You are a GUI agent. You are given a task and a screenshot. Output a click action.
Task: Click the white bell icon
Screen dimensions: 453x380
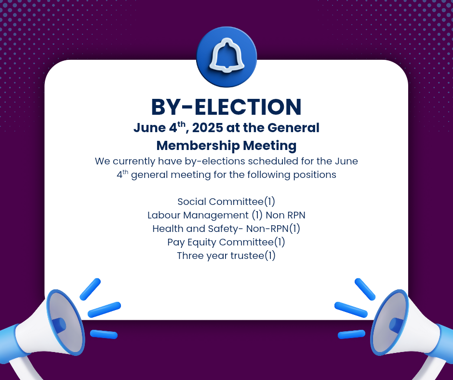[x=227, y=55]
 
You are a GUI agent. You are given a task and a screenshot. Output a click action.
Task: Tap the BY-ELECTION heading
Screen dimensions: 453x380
[x=226, y=107]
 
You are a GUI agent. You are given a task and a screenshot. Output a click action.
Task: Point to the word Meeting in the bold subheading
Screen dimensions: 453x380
[x=269, y=146]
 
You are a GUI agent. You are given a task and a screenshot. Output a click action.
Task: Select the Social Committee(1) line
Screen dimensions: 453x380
[x=226, y=202]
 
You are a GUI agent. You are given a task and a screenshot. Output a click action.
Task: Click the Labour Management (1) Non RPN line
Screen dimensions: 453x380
[x=226, y=215]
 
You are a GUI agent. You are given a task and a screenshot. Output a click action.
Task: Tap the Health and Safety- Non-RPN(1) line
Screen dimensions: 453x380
[x=226, y=229]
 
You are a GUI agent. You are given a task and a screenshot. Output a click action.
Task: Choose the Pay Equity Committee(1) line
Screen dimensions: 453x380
[x=226, y=242]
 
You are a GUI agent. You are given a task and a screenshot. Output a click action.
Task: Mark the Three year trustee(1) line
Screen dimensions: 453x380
[x=226, y=256]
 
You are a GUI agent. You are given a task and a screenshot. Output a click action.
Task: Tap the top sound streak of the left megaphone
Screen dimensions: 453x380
[x=90, y=289]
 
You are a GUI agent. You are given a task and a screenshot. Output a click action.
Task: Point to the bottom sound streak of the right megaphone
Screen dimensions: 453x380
[x=352, y=334]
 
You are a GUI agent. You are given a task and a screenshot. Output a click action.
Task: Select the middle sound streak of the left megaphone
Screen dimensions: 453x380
[x=104, y=310]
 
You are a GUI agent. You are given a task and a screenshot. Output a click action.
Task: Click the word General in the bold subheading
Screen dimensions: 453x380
[x=293, y=127]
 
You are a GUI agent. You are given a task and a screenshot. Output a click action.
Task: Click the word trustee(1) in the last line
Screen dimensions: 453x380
[x=253, y=256]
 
